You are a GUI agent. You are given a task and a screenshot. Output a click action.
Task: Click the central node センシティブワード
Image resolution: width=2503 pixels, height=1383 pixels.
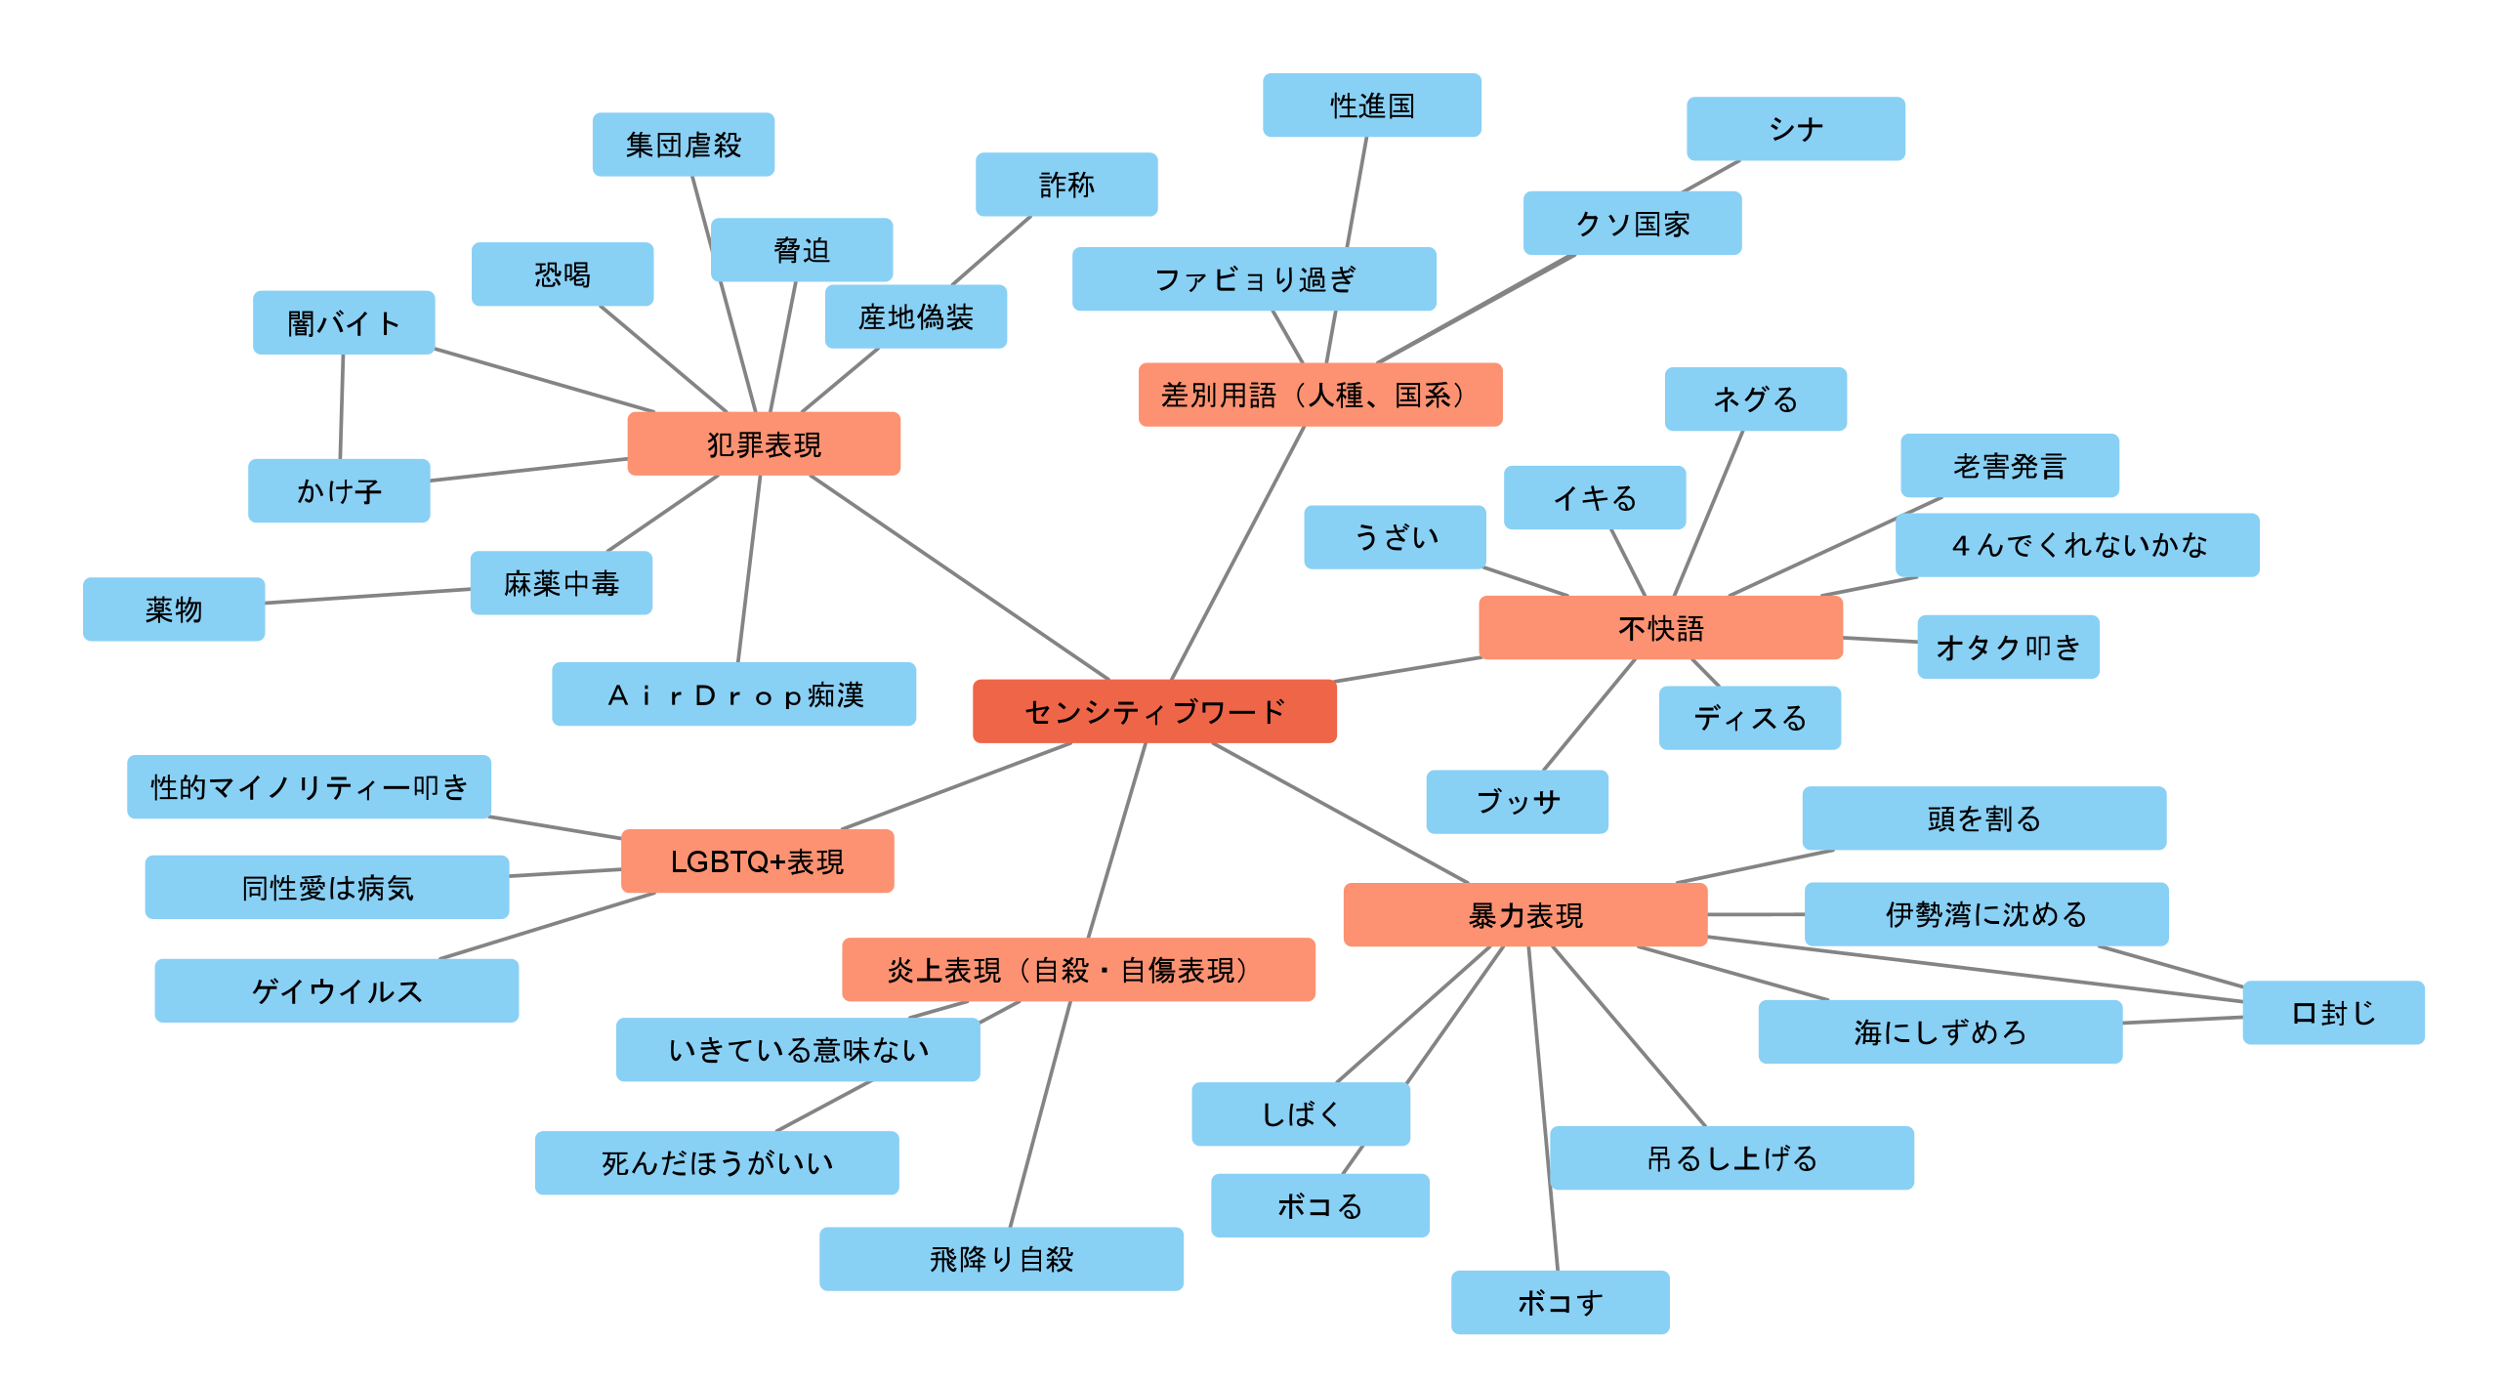[x=1154, y=711]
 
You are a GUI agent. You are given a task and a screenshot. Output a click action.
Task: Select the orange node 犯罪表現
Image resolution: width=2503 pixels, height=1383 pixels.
[x=763, y=444]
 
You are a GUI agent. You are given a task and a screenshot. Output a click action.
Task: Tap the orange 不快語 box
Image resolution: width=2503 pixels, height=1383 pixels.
[x=1660, y=628]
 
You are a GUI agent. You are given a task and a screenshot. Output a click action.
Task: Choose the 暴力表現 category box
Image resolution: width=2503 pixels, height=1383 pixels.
[x=1524, y=915]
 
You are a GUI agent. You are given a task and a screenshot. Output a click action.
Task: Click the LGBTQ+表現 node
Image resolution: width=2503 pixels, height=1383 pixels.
[x=757, y=861]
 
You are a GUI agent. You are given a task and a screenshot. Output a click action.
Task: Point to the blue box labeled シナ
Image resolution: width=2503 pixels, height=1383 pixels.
[x=1795, y=129]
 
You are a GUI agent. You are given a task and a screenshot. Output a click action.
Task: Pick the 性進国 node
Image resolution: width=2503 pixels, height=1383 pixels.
[x=1371, y=105]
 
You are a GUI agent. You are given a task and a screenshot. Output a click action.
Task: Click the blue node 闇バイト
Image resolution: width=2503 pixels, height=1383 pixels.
[x=344, y=322]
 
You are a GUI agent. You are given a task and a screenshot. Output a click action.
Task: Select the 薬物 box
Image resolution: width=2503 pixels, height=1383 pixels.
[x=174, y=609]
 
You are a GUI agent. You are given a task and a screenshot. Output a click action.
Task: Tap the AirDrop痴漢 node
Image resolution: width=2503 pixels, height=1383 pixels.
[x=733, y=694]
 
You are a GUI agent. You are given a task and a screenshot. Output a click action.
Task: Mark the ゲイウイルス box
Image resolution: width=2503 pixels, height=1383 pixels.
[x=336, y=990]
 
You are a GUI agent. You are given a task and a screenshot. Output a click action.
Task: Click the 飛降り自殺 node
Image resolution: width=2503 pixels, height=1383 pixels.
[x=1001, y=1259]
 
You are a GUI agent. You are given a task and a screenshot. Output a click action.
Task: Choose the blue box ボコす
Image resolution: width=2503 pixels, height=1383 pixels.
[x=1560, y=1302]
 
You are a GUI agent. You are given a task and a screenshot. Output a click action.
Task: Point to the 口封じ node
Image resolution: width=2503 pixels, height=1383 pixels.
[x=2332, y=1013]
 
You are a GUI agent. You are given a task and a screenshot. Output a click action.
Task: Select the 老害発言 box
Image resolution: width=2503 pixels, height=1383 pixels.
[x=2009, y=466]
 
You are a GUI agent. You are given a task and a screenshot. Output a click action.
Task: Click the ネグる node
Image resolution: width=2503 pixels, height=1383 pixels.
[x=1755, y=399]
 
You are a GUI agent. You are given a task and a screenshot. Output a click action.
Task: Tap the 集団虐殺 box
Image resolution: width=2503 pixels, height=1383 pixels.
[x=683, y=145]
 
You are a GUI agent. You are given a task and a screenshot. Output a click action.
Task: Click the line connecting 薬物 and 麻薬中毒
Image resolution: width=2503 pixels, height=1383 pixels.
[x=367, y=596]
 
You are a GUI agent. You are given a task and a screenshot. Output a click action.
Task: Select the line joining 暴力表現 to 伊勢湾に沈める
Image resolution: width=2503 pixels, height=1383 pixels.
[x=1756, y=915]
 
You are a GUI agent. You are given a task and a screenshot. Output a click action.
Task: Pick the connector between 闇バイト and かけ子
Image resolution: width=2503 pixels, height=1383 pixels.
[x=342, y=406]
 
